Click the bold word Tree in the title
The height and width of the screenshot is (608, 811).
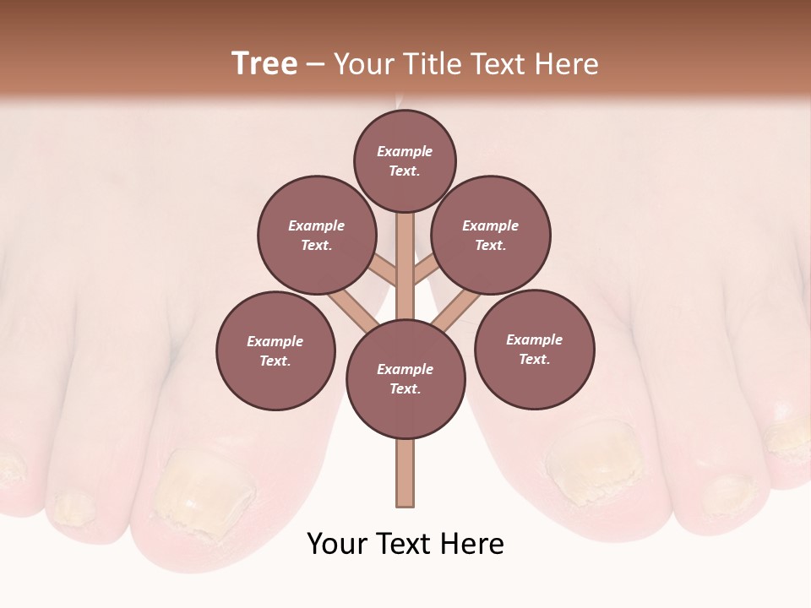264,63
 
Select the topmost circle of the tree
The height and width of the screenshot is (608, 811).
405,160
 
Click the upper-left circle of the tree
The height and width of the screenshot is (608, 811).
317,235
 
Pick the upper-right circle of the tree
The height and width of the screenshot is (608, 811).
491,235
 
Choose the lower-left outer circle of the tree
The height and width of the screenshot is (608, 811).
275,350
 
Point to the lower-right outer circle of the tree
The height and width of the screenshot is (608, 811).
535,349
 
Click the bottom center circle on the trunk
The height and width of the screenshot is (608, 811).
405,379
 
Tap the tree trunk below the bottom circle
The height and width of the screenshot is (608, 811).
405,473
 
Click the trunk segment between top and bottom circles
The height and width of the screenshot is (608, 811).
405,266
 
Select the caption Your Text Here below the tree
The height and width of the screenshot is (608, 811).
405,544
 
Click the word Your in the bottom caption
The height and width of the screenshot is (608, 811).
335,544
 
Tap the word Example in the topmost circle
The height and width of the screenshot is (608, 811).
405,151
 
